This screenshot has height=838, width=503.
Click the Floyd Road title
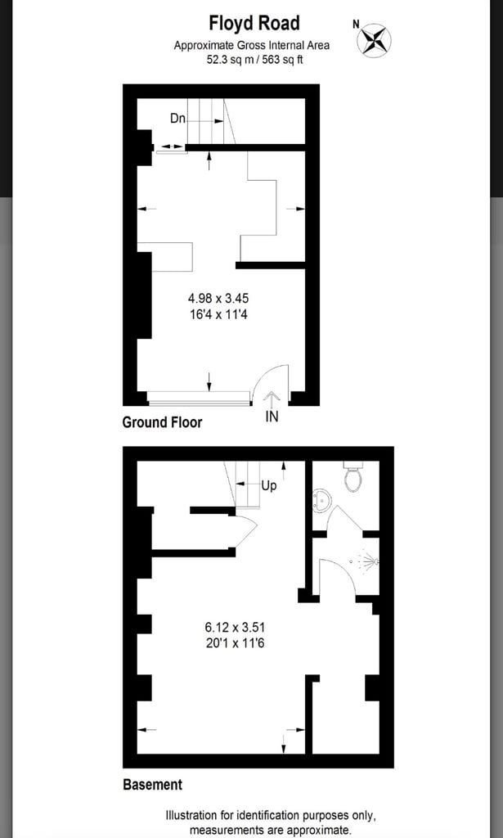point(254,23)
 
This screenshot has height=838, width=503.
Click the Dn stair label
point(177,119)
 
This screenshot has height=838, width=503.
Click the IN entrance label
point(272,417)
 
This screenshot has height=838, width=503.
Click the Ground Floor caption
point(162,422)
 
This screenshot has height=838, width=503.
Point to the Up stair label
point(269,485)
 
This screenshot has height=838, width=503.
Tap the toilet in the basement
point(353,476)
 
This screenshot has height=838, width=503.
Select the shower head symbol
point(369,562)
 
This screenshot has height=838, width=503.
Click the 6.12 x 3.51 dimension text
point(236,628)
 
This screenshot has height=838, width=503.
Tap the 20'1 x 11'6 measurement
point(236,643)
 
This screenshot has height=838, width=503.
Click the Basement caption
point(152,785)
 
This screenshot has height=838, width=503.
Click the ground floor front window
point(199,399)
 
